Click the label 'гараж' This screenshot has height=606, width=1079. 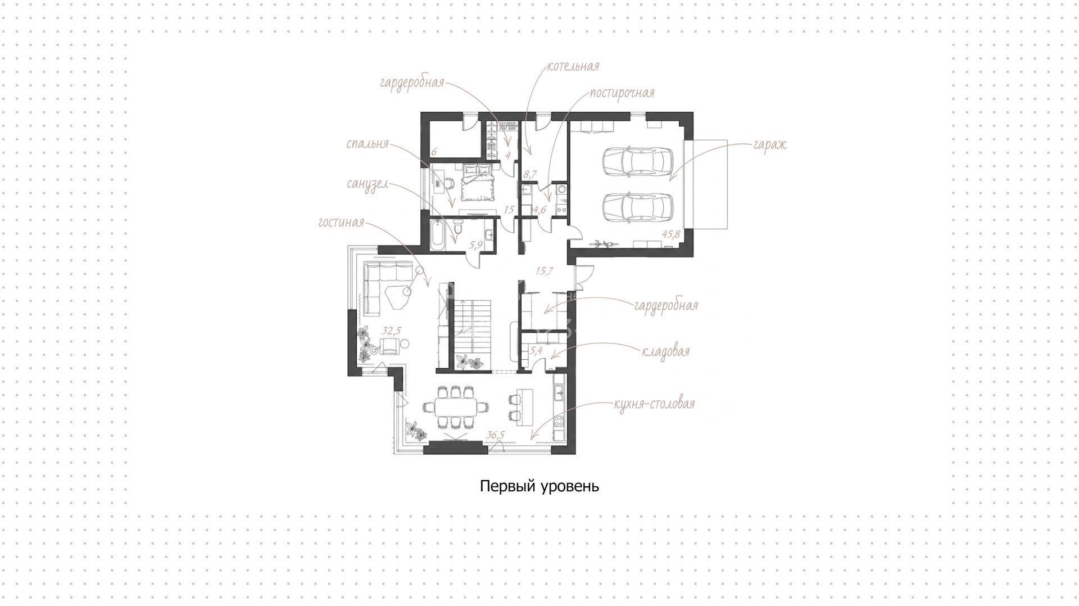click(770, 145)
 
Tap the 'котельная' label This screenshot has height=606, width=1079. click(573, 66)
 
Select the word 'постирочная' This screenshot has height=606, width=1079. click(622, 93)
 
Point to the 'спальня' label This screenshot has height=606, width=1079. click(368, 143)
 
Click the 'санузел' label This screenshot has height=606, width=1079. click(367, 184)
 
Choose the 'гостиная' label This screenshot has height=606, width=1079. click(341, 223)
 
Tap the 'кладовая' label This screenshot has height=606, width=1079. click(666, 352)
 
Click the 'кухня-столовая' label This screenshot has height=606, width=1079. click(654, 404)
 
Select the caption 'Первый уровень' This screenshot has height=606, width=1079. click(539, 486)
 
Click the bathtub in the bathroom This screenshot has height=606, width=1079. click(438, 236)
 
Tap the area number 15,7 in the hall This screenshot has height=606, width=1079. click(544, 271)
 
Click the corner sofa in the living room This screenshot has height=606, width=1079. click(388, 287)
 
